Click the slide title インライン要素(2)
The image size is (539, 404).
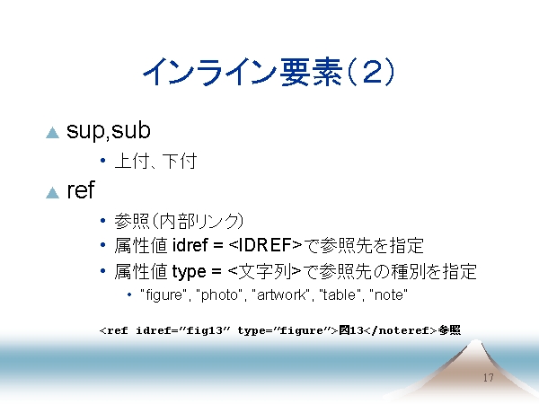pos(269,72)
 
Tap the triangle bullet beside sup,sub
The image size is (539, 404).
pos(53,133)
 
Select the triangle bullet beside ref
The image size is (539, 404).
pos(53,193)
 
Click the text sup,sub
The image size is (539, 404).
pos(109,130)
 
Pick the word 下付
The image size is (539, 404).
pos(180,161)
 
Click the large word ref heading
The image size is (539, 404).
pos(81,189)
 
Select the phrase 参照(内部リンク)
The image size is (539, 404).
pos(179,221)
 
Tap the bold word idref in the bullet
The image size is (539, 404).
pos(190,245)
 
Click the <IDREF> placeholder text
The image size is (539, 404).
pos(265,245)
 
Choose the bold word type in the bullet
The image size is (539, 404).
pos(189,272)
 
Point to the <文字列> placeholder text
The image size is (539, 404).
pos(264,271)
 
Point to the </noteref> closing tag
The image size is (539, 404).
pos(400,330)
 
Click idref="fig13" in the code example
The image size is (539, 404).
pos(183,330)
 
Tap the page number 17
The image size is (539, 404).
pos(489,378)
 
